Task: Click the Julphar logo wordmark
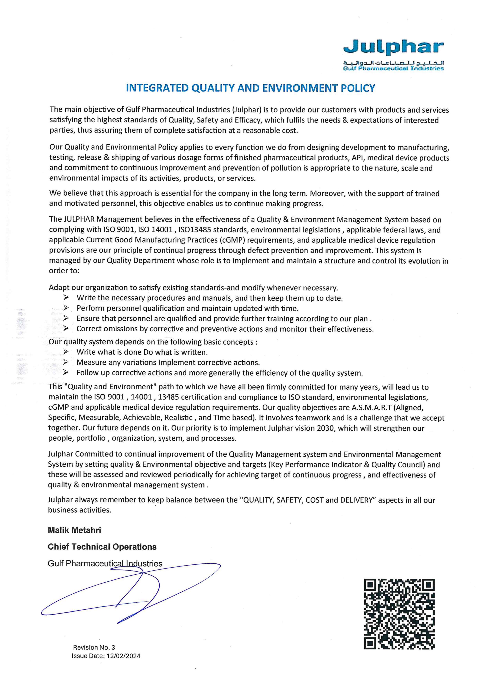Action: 393,47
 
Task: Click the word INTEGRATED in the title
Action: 157,88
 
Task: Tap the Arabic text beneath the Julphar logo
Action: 393,63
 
